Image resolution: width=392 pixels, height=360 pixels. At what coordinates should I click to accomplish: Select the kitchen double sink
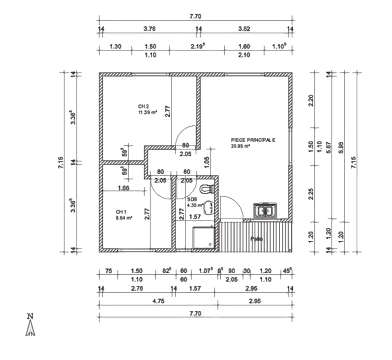[x=266, y=211]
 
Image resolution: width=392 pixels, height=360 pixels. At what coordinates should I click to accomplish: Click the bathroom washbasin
[x=209, y=207]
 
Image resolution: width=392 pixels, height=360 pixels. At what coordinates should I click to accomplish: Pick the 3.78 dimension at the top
[x=150, y=29]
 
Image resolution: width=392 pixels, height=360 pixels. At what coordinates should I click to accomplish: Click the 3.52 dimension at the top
[x=244, y=29]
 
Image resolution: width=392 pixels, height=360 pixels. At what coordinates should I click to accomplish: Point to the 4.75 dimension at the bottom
[x=158, y=301]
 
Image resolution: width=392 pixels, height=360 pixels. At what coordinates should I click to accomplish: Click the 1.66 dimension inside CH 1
[x=123, y=188]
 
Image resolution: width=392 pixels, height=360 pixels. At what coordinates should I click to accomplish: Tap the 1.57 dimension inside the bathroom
[x=195, y=217]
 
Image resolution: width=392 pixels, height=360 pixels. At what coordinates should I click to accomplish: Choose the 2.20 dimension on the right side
[x=311, y=100]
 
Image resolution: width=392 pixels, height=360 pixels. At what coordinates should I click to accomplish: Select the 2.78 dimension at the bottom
[x=137, y=288]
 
